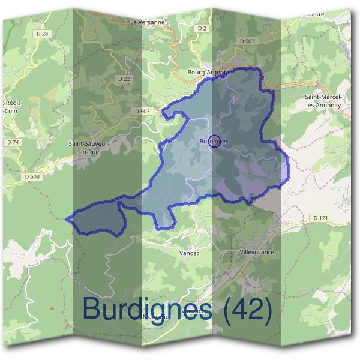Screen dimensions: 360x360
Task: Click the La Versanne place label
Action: point(147,22)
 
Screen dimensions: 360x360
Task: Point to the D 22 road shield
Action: point(124,79)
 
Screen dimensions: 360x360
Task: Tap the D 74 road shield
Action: point(13,142)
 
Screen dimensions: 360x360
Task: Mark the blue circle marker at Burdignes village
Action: point(214,139)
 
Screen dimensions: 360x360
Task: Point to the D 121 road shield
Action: point(319,217)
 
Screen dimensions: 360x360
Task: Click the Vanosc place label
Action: point(189,253)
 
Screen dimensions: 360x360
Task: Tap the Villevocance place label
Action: point(257,252)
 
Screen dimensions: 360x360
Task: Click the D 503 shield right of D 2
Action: point(247,41)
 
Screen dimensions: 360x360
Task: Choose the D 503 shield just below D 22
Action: point(142,112)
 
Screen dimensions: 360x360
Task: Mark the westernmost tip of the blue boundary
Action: point(67,218)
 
